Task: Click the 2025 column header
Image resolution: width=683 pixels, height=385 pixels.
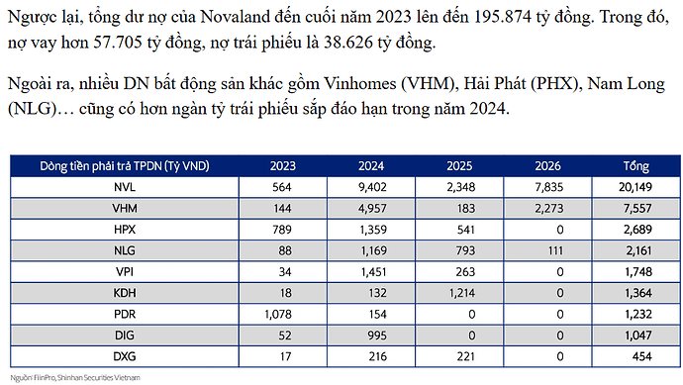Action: pyautogui.click(x=460, y=164)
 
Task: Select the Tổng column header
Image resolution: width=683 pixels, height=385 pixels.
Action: pyautogui.click(x=631, y=164)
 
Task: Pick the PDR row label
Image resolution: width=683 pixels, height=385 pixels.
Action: pyautogui.click(x=124, y=313)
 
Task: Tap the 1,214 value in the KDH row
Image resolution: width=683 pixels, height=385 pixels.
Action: pyautogui.click(x=460, y=292)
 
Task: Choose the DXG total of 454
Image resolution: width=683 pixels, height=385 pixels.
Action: pyautogui.click(x=631, y=354)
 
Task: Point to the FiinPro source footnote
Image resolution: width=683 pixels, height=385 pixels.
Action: pyautogui.click(x=75, y=377)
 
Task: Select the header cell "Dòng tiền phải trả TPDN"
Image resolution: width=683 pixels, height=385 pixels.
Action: pyautogui.click(x=124, y=164)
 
